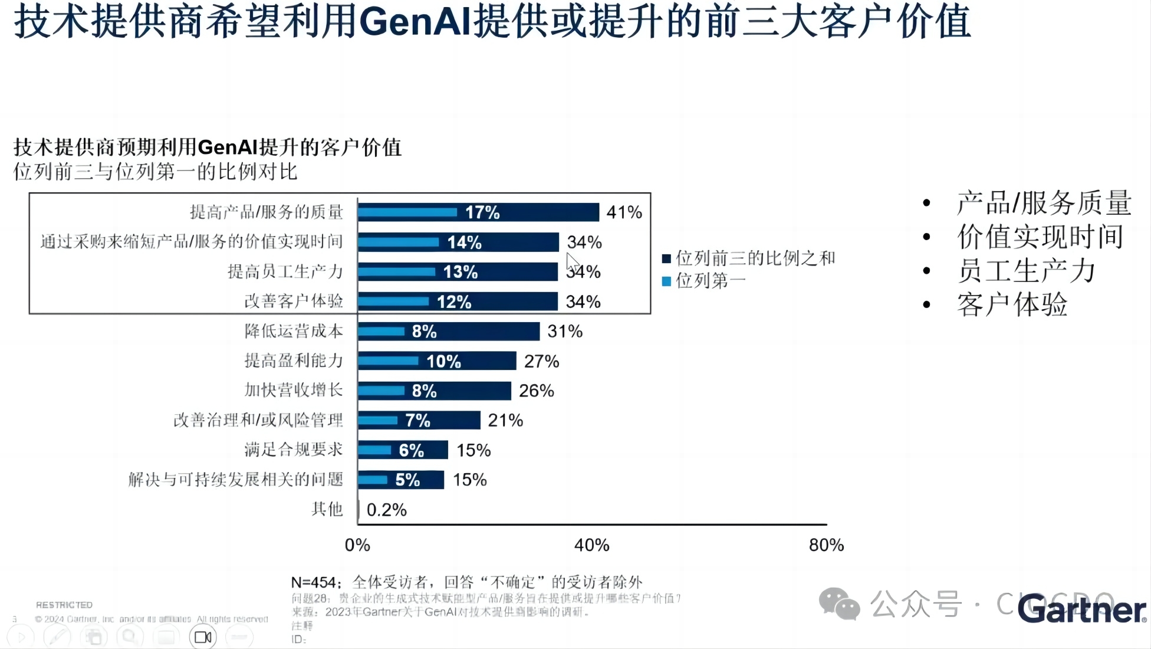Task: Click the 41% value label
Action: (x=624, y=212)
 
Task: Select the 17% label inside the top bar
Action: (x=482, y=212)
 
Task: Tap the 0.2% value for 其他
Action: (x=386, y=510)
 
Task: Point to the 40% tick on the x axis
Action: (x=591, y=545)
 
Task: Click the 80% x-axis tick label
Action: (x=826, y=545)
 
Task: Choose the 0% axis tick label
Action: (x=357, y=545)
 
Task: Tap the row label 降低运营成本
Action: (x=294, y=331)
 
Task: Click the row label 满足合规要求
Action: (x=294, y=450)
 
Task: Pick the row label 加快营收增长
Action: (x=294, y=390)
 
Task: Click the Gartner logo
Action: (x=1082, y=609)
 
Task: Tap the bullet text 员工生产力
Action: (x=1026, y=271)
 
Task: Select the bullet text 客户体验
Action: (x=1012, y=305)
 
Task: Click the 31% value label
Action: (x=565, y=332)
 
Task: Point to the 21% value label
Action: (x=505, y=421)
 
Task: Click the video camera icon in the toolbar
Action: (x=203, y=637)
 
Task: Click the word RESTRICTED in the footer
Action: (x=64, y=605)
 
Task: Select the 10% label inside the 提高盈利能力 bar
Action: (x=443, y=361)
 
